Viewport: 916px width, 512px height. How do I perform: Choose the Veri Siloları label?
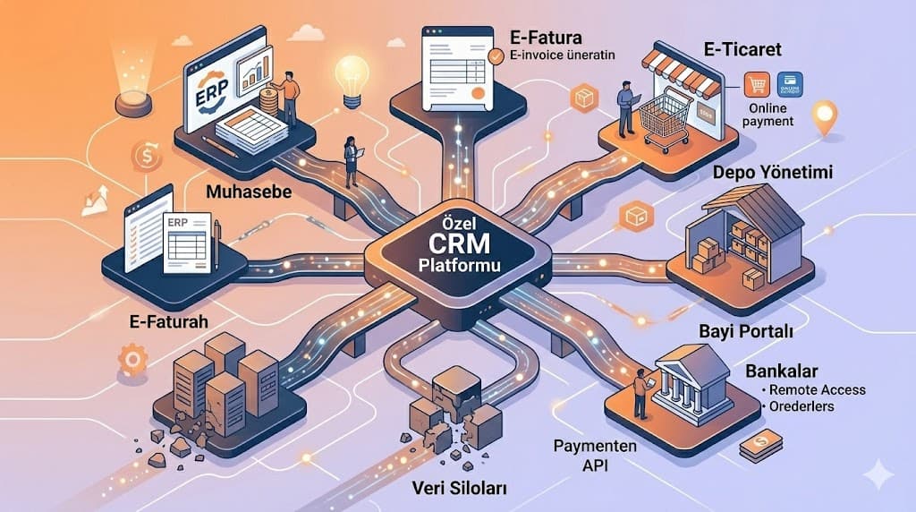coord(449,488)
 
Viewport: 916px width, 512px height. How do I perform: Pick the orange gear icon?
coord(132,359)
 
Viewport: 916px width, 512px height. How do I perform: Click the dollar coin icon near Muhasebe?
coord(145,158)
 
